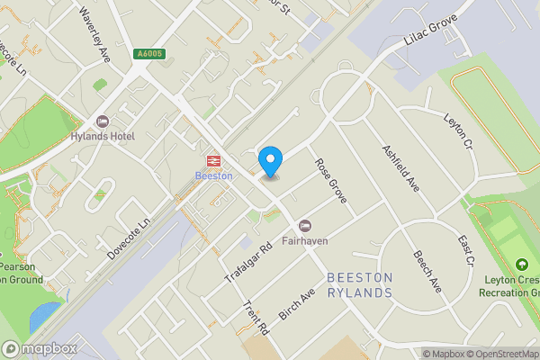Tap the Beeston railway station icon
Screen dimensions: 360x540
coord(214,160)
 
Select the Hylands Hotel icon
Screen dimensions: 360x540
coord(102,121)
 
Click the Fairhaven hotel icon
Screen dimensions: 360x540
coord(305,224)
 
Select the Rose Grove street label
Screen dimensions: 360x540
coord(330,180)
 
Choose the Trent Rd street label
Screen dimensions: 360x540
coord(256,319)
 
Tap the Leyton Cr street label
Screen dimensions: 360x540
coord(458,131)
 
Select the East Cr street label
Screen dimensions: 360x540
coord(465,251)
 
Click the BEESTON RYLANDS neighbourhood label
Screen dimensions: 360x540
coord(360,285)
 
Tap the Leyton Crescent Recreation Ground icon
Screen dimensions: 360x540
coord(521,265)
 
